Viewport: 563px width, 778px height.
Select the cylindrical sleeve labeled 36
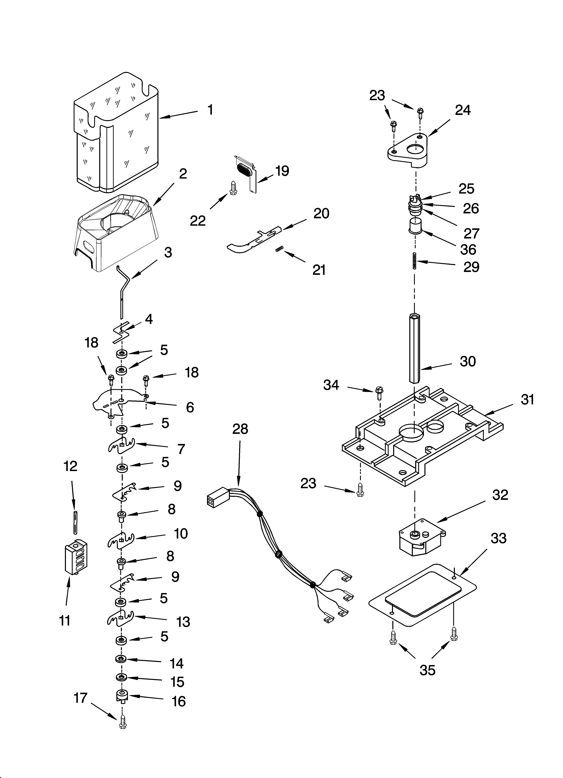coord(416,226)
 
